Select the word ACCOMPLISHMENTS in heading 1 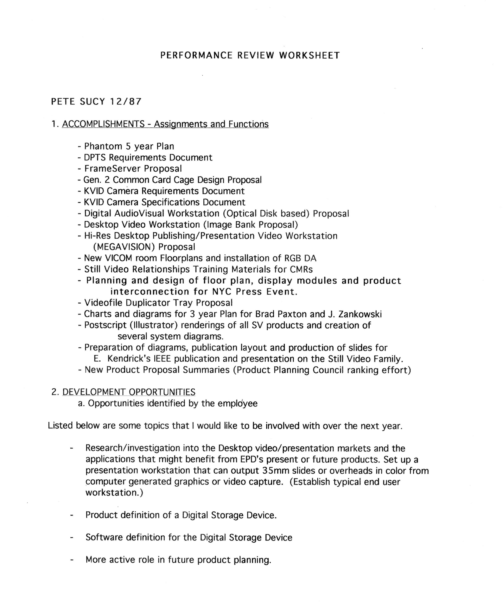pyautogui.click(x=103, y=124)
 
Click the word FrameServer pyautogui.click(x=112, y=169)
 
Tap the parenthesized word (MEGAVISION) pyautogui.click(x=124, y=247)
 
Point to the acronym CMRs pyautogui.click(x=302, y=269)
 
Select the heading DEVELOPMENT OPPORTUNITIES pyautogui.click(x=129, y=392)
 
